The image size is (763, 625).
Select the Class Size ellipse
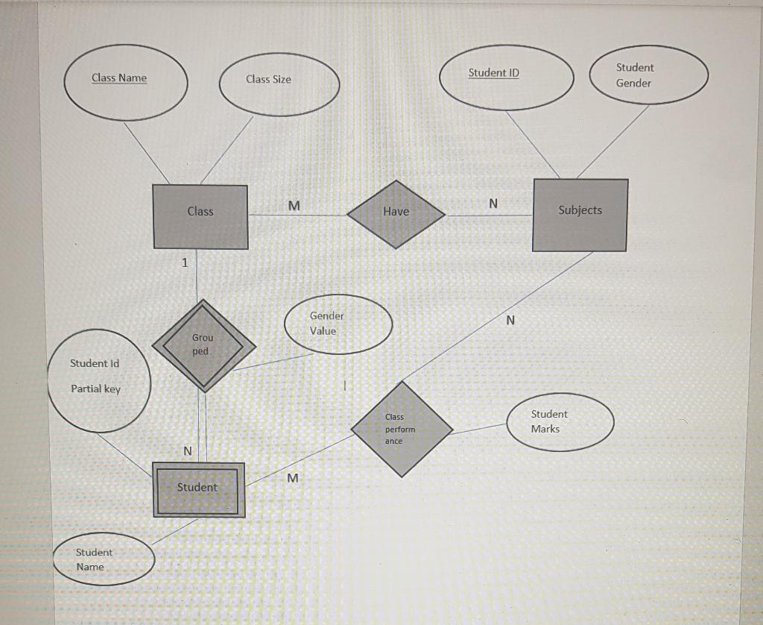(279, 84)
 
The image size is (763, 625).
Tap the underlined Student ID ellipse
(506, 77)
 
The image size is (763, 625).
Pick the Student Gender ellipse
(648, 75)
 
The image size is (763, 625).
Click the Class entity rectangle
(200, 216)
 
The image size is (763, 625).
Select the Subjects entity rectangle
(580, 215)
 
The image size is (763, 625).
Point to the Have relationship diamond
(396, 213)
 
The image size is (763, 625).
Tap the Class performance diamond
(402, 429)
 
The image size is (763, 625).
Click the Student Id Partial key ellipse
(99, 381)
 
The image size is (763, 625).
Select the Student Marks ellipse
(561, 421)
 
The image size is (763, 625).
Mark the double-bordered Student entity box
(198, 489)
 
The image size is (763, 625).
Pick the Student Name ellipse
(104, 559)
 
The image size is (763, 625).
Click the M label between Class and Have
(294, 205)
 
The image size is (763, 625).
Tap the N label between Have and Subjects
(493, 203)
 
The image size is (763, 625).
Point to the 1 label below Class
(185, 263)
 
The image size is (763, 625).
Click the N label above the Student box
(188, 451)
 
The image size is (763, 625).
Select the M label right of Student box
(292, 478)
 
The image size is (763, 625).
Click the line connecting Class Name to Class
(146, 151)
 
